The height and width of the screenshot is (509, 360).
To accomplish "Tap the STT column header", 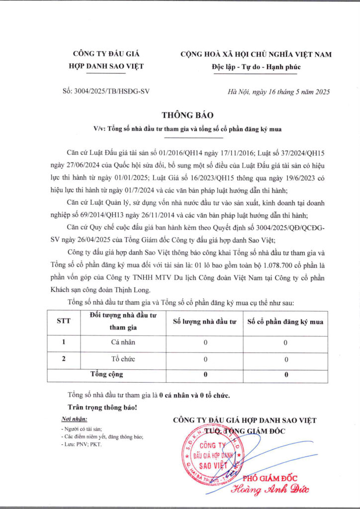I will click(64, 321).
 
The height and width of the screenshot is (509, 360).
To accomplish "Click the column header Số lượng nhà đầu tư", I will click(204, 322).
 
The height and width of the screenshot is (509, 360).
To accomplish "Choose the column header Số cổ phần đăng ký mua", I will click(285, 322).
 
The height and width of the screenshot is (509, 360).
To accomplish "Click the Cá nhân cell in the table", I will click(123, 342).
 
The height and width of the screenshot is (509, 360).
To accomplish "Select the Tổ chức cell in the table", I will click(123, 359).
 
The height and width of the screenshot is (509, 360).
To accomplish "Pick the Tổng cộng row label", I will click(106, 374).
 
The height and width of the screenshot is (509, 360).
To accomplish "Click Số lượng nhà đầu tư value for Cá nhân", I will click(205, 342).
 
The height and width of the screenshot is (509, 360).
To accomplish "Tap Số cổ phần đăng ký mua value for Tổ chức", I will click(285, 359).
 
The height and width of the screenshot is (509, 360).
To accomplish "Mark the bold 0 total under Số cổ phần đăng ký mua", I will click(286, 375).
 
